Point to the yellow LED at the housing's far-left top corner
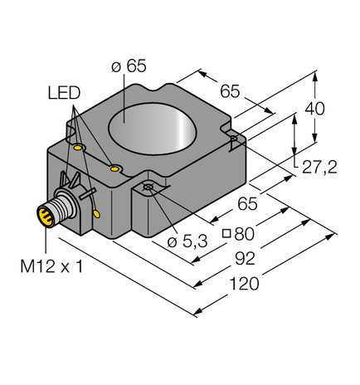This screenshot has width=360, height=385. click(78, 148)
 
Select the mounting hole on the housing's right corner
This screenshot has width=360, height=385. click(235, 138)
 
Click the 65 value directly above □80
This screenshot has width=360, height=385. click(248, 203)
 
